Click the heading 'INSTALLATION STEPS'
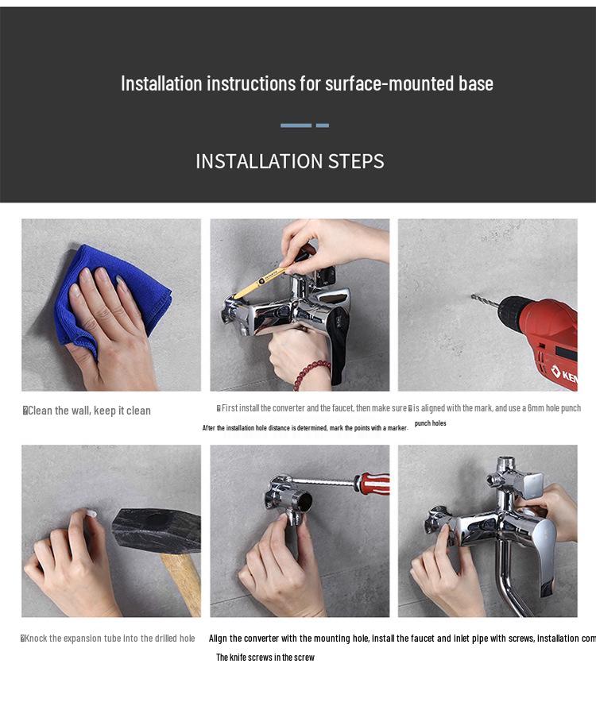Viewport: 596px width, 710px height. (290, 161)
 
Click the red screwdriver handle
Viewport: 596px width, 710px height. (373, 482)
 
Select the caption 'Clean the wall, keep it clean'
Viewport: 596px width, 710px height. (89, 411)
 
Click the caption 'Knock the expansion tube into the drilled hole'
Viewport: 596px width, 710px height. (110, 639)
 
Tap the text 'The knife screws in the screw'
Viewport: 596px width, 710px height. (265, 658)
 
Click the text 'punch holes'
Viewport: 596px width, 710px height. (430, 423)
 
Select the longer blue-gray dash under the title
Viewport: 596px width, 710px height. (296, 125)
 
